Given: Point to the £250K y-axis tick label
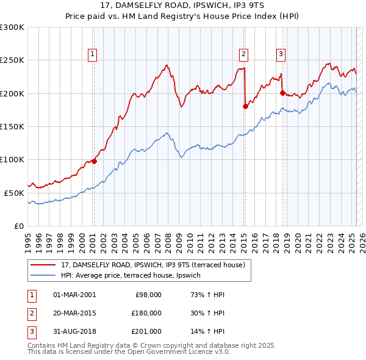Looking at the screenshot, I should pos(12,60).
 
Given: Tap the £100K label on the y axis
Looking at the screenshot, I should pos(12,159).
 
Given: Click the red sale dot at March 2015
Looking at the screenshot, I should pos(245,106).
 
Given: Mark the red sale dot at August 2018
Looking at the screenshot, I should pos(282,93).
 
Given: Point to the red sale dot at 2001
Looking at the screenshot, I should pos(94,161).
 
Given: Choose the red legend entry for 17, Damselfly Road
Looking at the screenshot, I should pos(152,265).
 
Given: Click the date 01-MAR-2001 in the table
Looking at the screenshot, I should pos(74,294).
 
